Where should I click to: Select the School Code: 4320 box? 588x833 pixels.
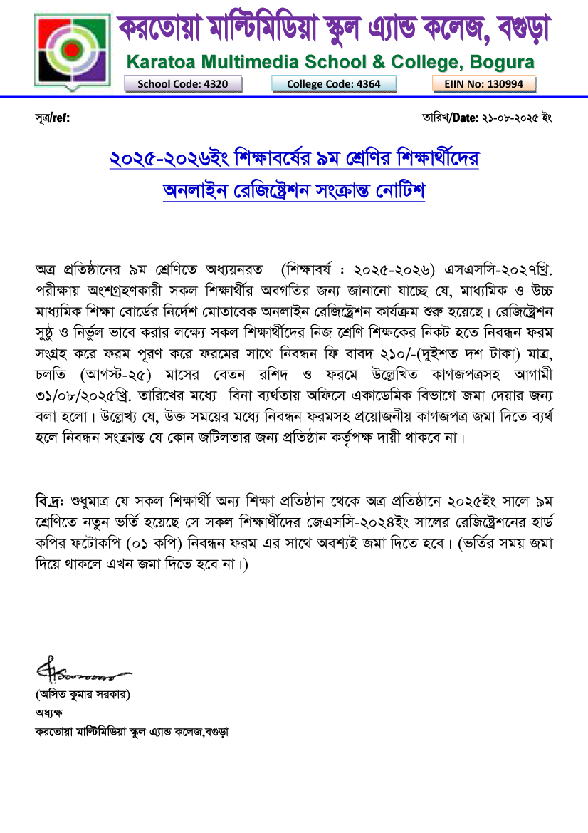183,84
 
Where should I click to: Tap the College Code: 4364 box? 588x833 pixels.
333,84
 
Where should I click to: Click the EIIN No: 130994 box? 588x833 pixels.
484,84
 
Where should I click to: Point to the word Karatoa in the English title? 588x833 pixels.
162,62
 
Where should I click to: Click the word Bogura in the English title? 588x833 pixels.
498,62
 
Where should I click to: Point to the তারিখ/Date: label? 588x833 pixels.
450,118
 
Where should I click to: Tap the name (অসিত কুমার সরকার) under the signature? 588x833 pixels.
83,693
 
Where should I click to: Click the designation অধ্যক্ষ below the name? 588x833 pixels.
49,712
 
